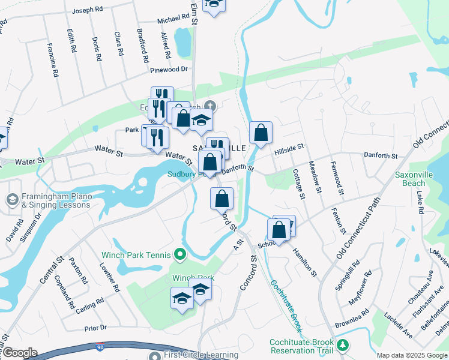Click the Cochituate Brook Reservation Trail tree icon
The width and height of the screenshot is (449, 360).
pyautogui.click(x=343, y=345)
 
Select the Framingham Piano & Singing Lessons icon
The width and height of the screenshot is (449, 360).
pyautogui.click(x=11, y=199)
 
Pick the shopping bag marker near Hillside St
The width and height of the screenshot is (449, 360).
pyautogui.click(x=261, y=133)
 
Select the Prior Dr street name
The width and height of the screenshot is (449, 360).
pyautogui.click(x=95, y=328)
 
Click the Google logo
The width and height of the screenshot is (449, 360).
pyautogui.click(x=19, y=353)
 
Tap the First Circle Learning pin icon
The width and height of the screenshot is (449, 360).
pyautogui.click(x=154, y=356)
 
